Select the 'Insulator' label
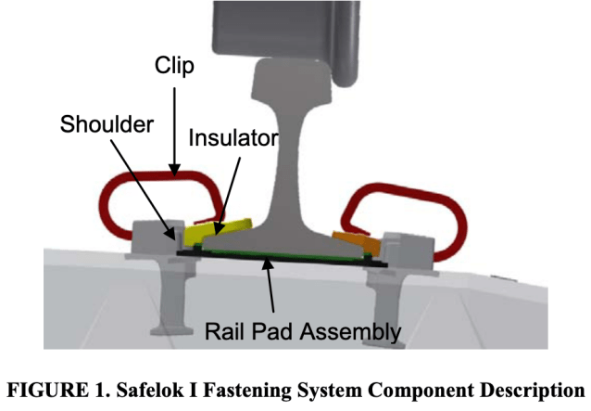tap(233, 138)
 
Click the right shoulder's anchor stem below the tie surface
tap(388, 306)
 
